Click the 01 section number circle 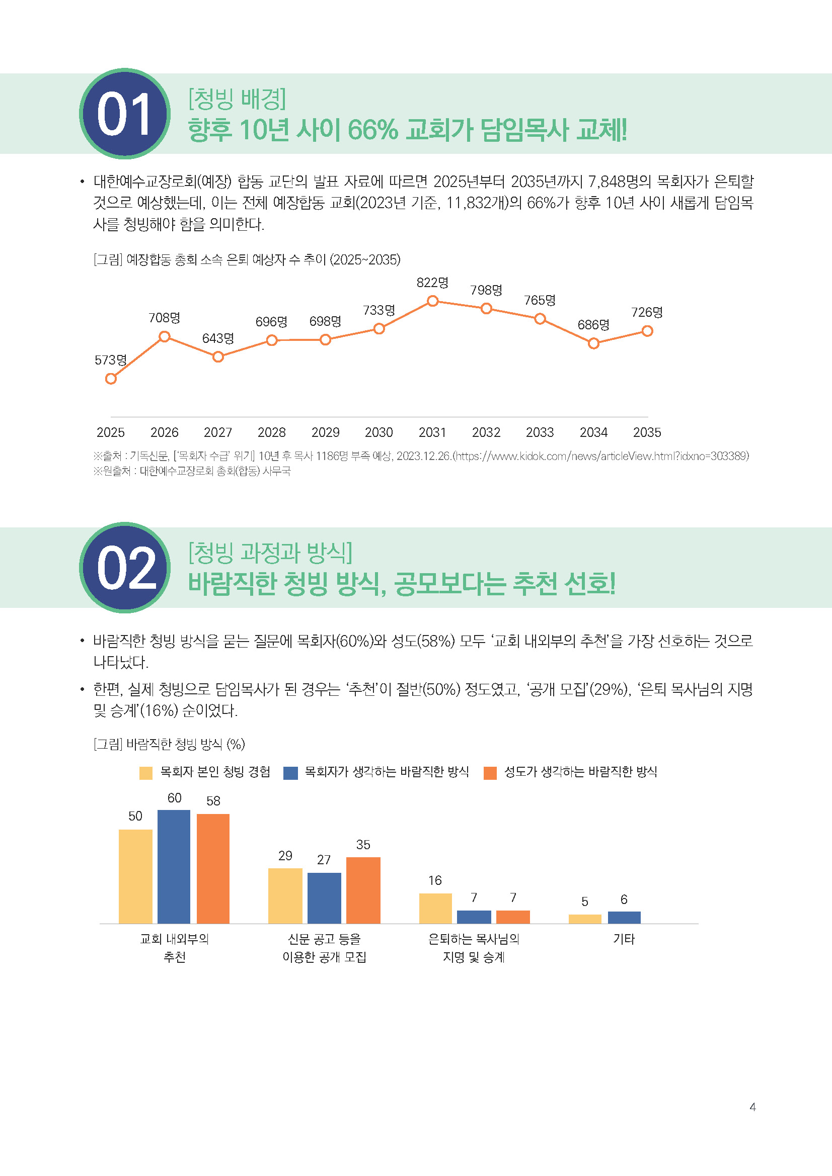click(x=124, y=113)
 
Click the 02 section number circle click(x=124, y=567)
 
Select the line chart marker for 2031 click(x=432, y=301)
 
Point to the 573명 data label click(x=110, y=360)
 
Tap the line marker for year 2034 click(x=593, y=344)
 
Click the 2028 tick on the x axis click(x=271, y=432)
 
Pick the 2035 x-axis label click(x=646, y=432)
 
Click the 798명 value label click(x=486, y=291)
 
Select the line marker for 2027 click(x=218, y=356)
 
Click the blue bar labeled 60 click(x=174, y=866)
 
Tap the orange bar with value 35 click(x=363, y=890)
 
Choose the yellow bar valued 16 click(x=435, y=908)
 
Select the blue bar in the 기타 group click(x=624, y=918)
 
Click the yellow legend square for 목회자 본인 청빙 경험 click(x=146, y=772)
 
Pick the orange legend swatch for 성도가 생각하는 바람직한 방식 click(x=490, y=772)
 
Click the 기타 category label click(x=624, y=939)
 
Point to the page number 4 click(x=752, y=1107)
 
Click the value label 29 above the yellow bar click(x=285, y=855)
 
